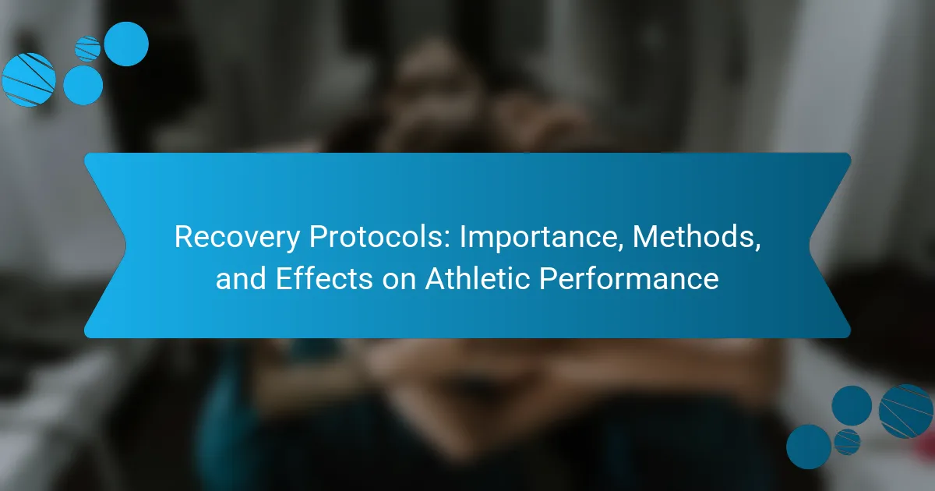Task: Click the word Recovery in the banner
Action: pos(237,238)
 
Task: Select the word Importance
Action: pos(542,238)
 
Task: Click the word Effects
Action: pos(324,277)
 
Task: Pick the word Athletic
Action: pos(478,277)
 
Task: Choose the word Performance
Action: pos(629,277)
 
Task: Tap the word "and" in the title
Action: pos(241,278)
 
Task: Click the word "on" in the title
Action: pos(399,281)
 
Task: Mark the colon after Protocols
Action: pos(448,241)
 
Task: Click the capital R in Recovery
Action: pos(184,237)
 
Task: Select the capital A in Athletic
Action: pos(436,278)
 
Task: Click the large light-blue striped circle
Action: pos(29,79)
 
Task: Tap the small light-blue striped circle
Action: pos(87,49)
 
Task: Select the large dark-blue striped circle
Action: pos(905,412)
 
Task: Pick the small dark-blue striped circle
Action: pos(848,442)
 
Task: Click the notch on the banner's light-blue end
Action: pos(125,245)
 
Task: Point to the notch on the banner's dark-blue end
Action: pos(810,245)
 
